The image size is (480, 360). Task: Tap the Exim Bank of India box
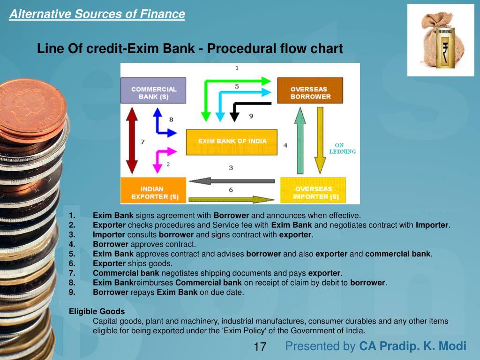(232, 142)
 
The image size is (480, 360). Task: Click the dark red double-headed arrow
(132, 140)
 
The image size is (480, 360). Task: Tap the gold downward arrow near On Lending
(320, 140)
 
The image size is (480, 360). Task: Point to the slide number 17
(260, 347)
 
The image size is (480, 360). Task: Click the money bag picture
(440, 40)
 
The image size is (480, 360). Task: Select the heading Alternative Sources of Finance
(97, 15)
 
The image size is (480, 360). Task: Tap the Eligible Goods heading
(97, 311)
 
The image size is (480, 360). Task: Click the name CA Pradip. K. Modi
(412, 346)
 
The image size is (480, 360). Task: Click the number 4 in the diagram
(285, 146)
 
